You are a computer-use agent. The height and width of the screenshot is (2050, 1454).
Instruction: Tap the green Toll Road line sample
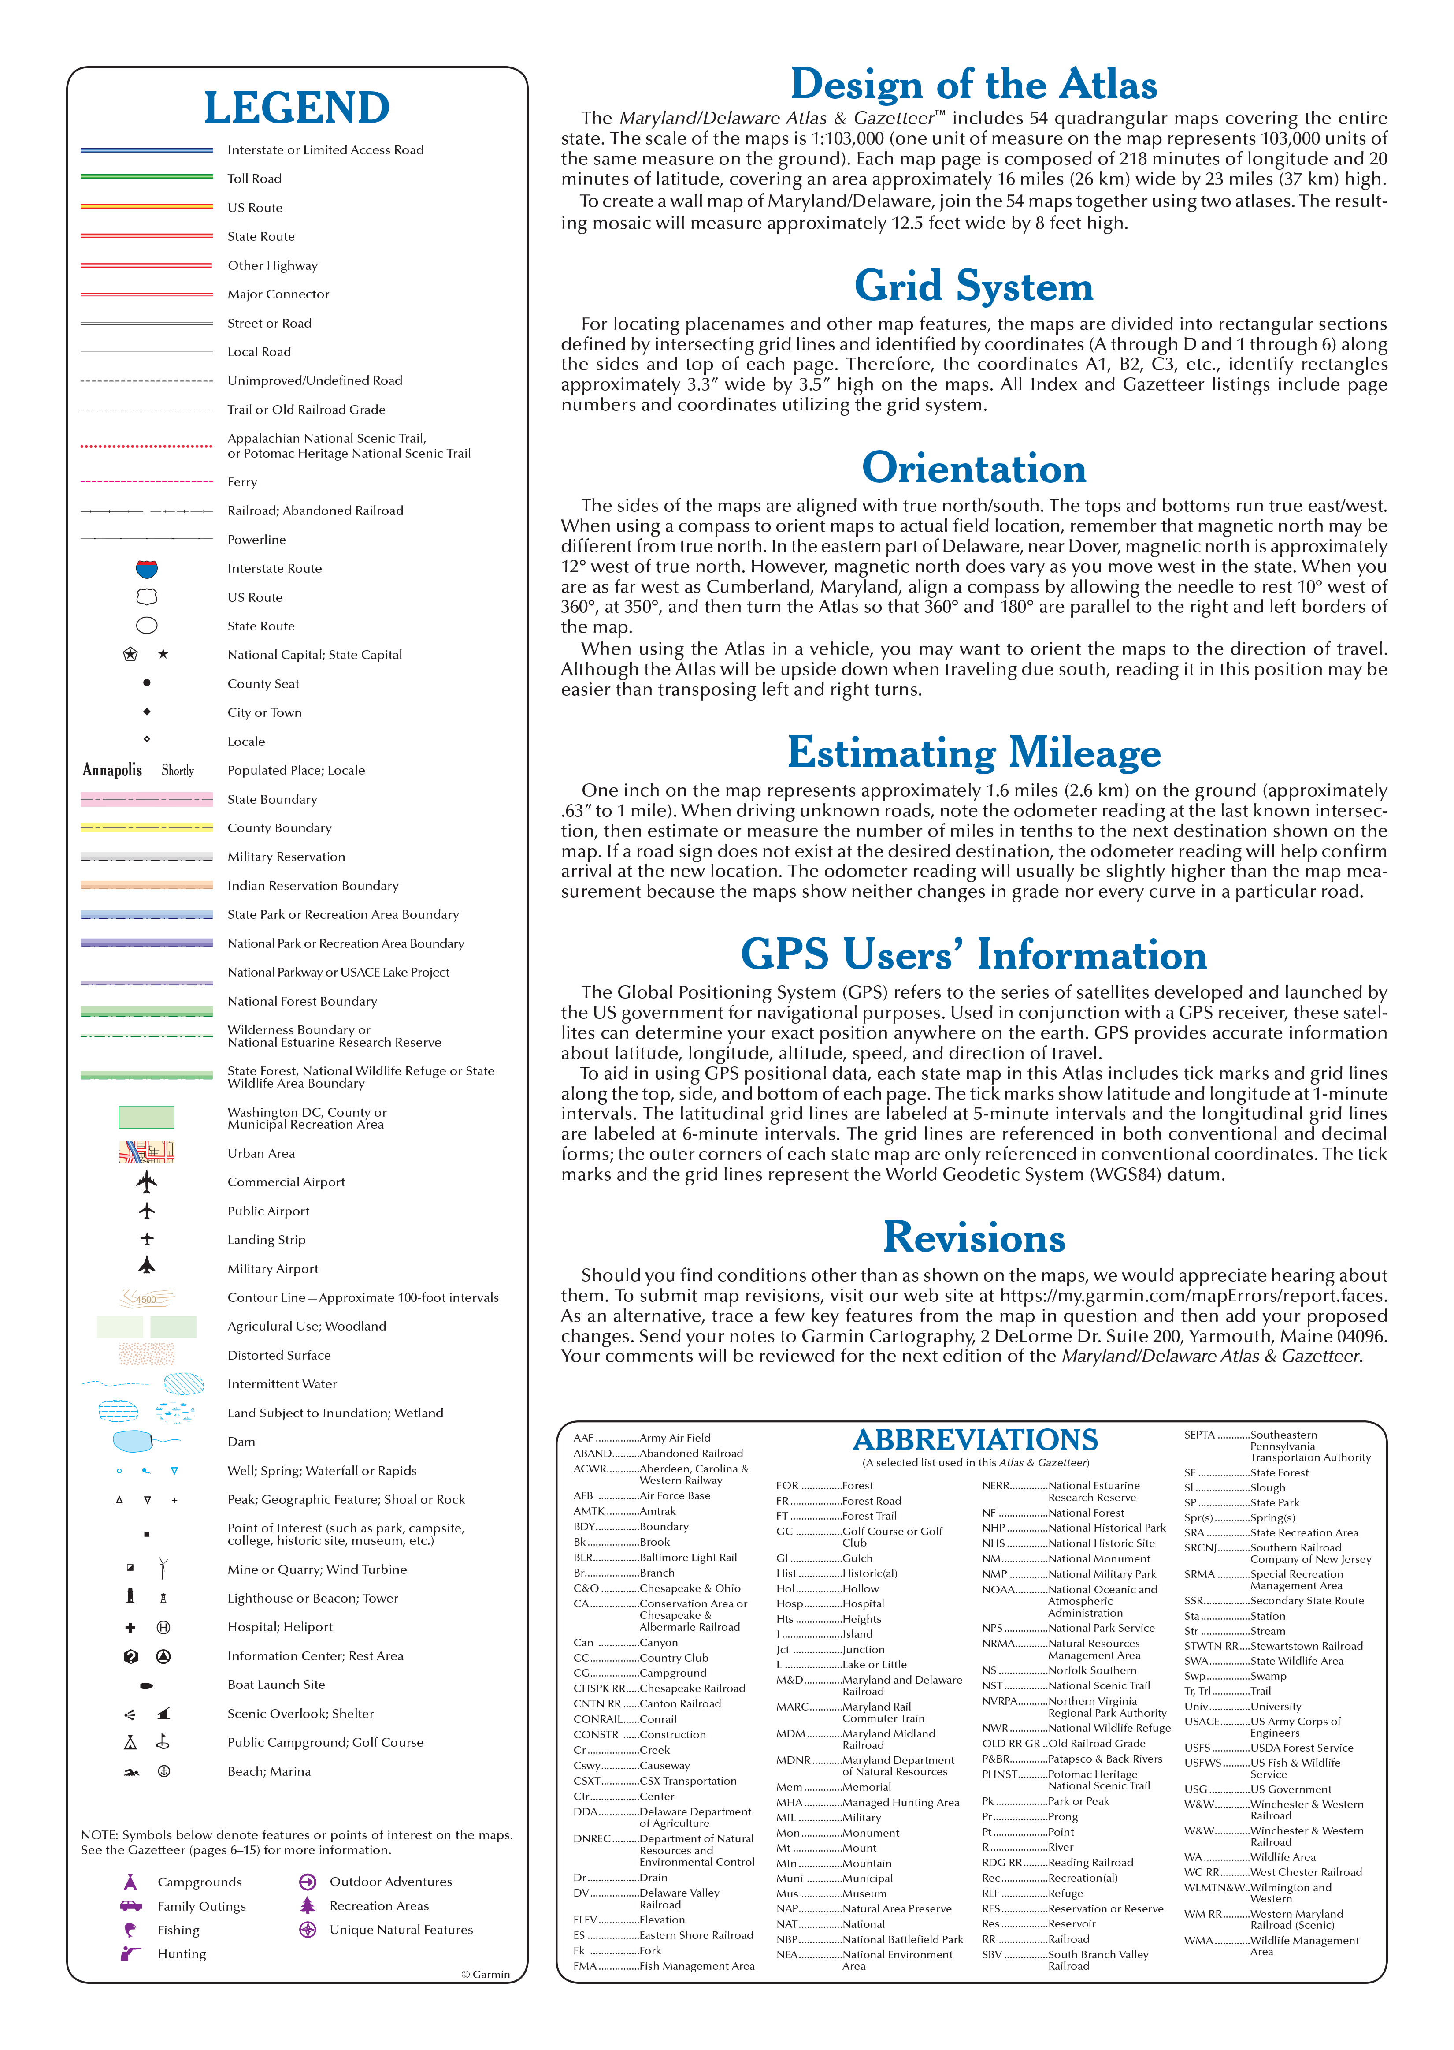147,177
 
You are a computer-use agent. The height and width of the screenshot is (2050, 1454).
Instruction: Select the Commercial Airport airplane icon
147,1182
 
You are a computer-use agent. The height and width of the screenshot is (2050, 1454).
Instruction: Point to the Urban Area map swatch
147,1152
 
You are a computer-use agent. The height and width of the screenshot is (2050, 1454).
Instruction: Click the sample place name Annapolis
112,770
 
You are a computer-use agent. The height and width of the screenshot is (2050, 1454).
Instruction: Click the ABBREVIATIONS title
975,1440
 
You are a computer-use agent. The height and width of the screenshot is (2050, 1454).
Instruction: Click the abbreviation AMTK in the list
589,1511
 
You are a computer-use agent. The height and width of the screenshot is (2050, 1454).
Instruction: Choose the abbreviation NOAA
998,1590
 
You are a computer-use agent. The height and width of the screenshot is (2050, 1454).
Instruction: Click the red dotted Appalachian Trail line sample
147,445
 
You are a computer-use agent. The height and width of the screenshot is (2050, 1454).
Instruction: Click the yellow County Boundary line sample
147,827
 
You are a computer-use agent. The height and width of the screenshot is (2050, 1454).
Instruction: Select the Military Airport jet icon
147,1265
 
